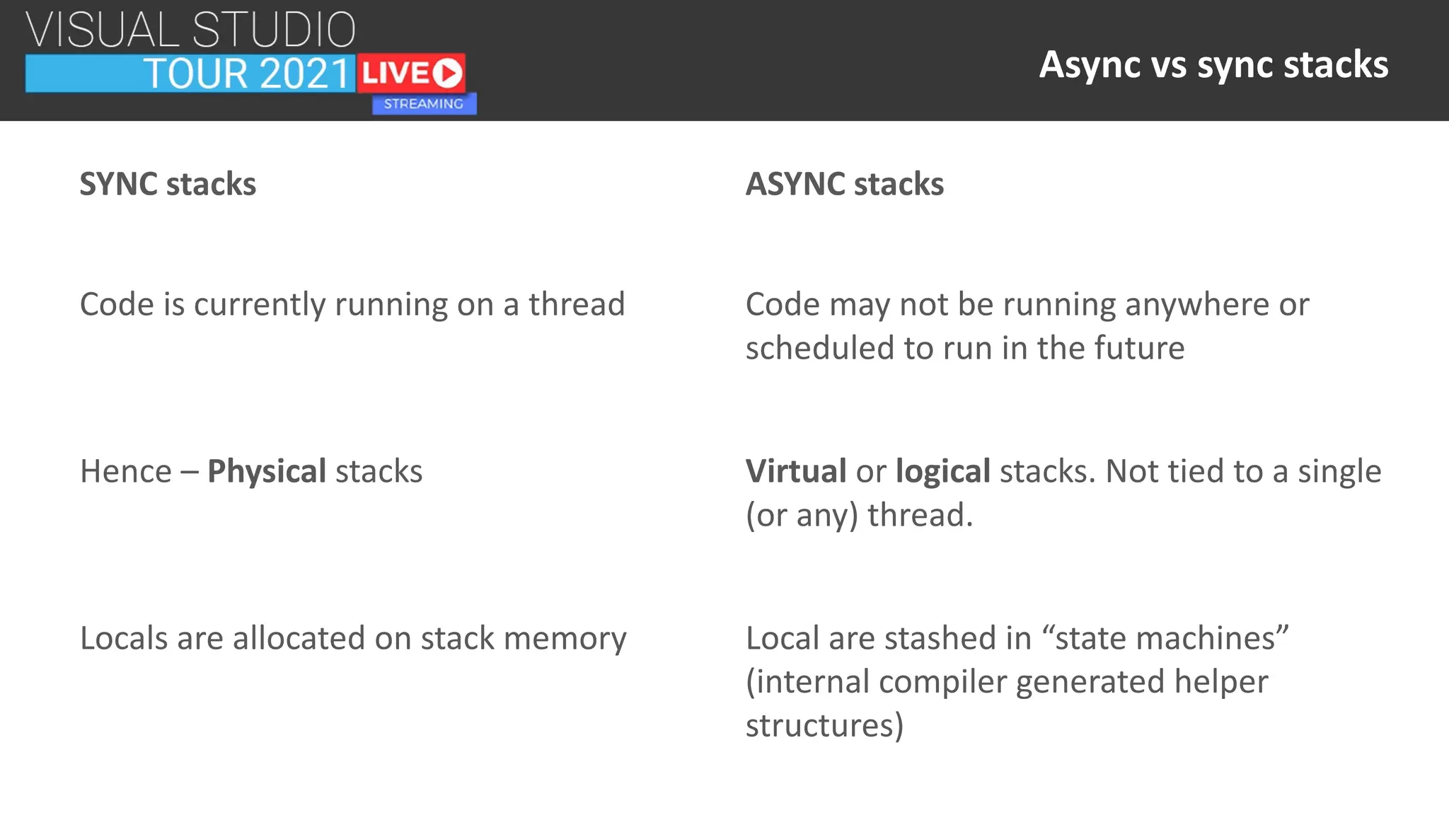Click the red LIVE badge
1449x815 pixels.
[x=410, y=73]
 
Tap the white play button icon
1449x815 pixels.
[x=447, y=73]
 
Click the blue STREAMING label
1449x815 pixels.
[x=424, y=104]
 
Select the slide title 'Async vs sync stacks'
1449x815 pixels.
[x=1213, y=64]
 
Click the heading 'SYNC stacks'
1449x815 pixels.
[x=168, y=184]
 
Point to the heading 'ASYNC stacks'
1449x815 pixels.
[x=844, y=184]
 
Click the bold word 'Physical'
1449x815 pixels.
[x=267, y=471]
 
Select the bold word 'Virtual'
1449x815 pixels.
[x=796, y=471]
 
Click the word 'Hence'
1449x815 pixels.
[x=126, y=471]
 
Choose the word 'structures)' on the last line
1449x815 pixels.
[x=824, y=726]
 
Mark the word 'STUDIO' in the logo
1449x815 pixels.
[x=274, y=30]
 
